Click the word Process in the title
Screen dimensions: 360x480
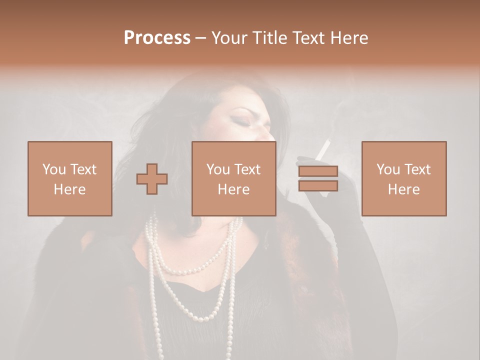(x=157, y=38)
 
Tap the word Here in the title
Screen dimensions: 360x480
(x=348, y=38)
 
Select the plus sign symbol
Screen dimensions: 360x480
(x=152, y=179)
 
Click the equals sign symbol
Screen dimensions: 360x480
(x=318, y=179)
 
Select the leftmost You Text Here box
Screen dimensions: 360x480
(x=70, y=178)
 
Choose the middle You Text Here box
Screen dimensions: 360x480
(x=234, y=178)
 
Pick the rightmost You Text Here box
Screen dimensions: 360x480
(x=404, y=178)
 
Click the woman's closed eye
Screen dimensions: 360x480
(x=244, y=123)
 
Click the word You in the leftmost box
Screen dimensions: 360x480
(x=53, y=169)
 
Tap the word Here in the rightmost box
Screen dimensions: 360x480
(x=404, y=189)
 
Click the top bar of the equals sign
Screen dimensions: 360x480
(x=318, y=171)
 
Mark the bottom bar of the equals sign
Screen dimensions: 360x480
(x=318, y=186)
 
